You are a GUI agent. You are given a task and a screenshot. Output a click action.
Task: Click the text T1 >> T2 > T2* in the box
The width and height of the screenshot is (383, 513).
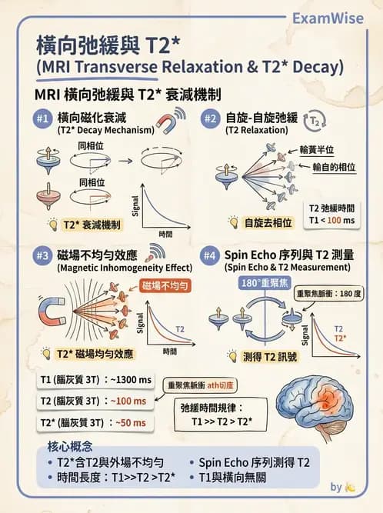pyautogui.click(x=216, y=421)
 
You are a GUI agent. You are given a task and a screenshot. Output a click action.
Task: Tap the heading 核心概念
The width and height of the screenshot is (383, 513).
pyautogui.click(x=68, y=447)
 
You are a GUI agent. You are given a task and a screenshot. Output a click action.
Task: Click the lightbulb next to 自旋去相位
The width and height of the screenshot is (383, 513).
pyautogui.click(x=231, y=222)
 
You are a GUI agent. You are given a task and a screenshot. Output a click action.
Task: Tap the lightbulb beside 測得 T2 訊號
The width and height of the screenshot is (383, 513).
pyautogui.click(x=231, y=356)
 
